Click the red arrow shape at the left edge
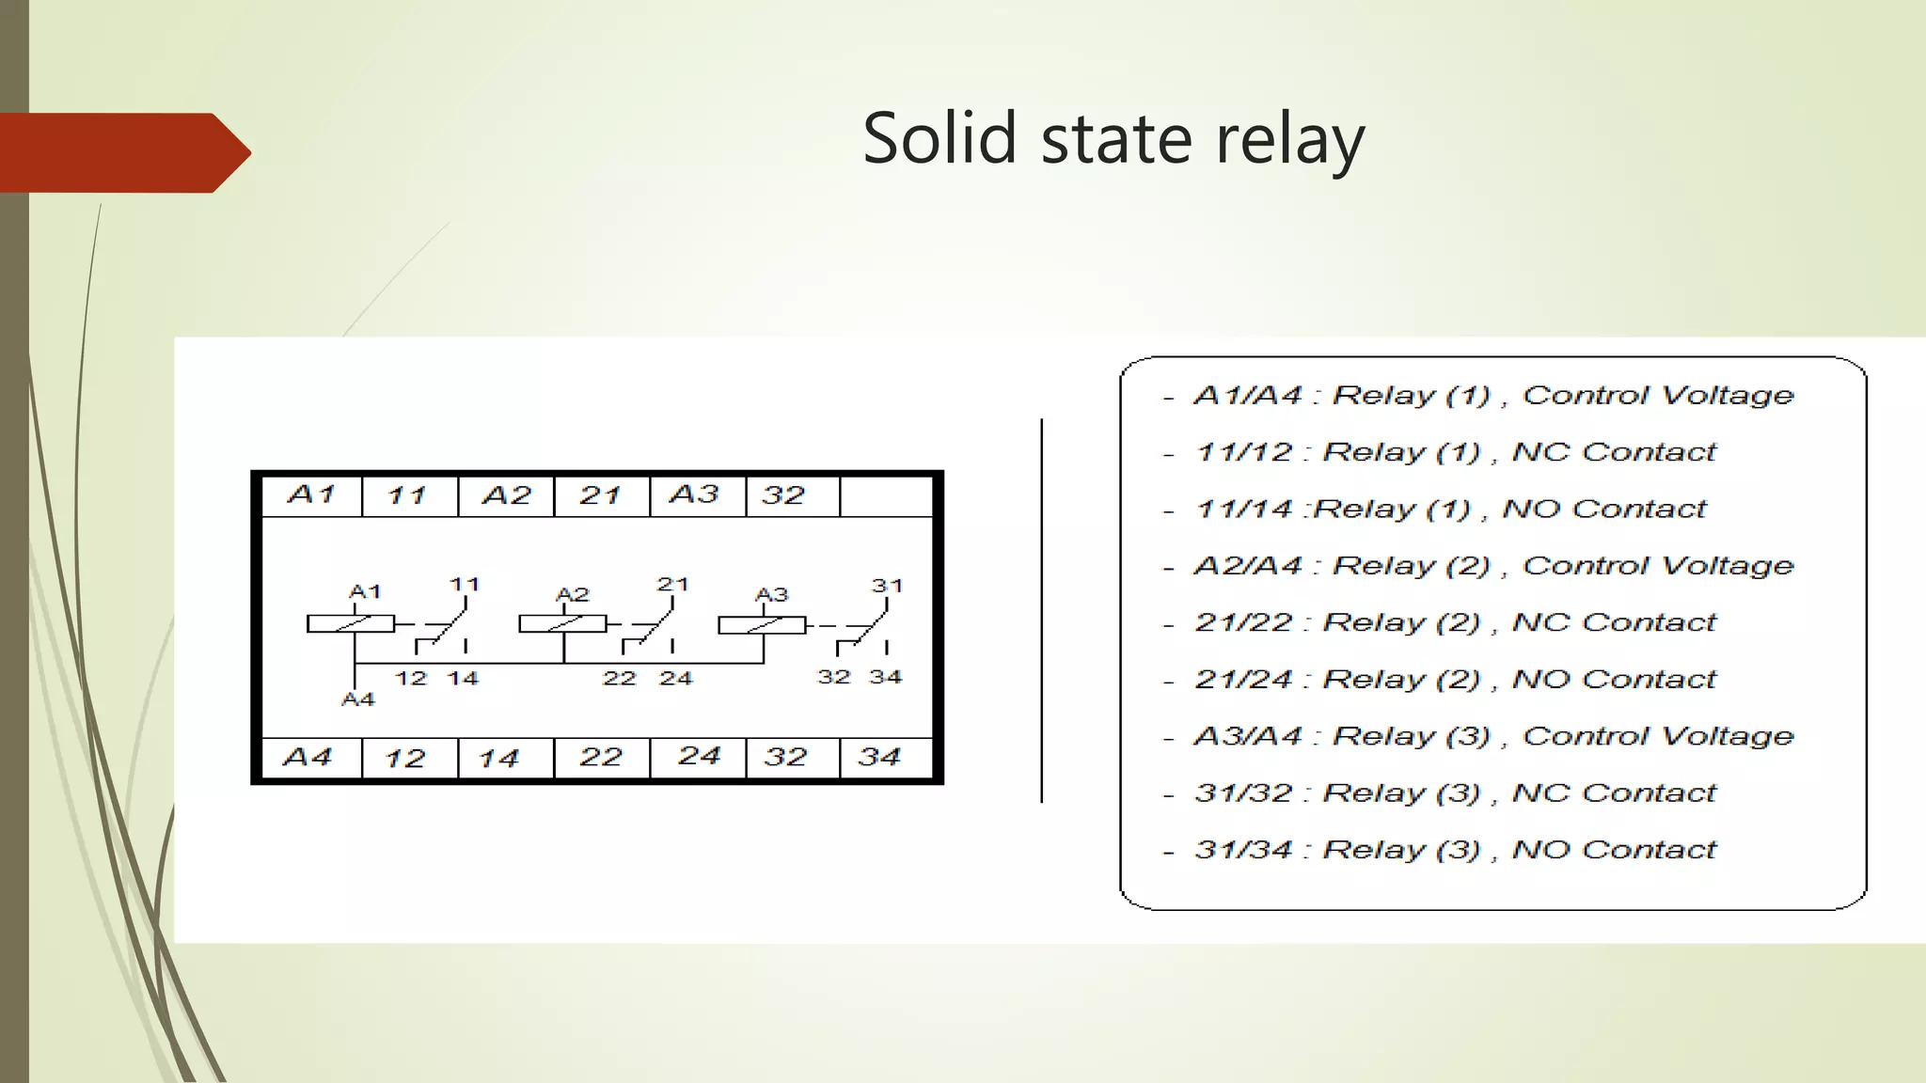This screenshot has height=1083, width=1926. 122,152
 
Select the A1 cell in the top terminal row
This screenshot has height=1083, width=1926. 311,494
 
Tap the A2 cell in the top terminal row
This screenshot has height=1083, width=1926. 506,494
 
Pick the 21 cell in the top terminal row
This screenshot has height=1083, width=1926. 601,494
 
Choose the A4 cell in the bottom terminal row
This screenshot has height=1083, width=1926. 308,757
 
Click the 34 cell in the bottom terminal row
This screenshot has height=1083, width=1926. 879,757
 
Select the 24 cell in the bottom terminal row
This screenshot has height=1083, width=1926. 699,757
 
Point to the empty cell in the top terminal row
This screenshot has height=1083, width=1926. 885,495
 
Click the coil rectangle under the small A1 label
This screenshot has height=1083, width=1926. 351,623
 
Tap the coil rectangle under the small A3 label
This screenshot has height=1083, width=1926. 762,625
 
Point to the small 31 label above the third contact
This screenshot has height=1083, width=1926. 887,586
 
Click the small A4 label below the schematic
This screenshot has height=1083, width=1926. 357,699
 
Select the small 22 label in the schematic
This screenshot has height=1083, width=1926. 619,678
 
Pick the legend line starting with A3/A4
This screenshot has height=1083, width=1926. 1493,736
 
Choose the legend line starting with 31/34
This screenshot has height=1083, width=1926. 1455,850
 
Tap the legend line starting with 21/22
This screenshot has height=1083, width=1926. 1455,622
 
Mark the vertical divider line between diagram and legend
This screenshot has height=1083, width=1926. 1042,611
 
